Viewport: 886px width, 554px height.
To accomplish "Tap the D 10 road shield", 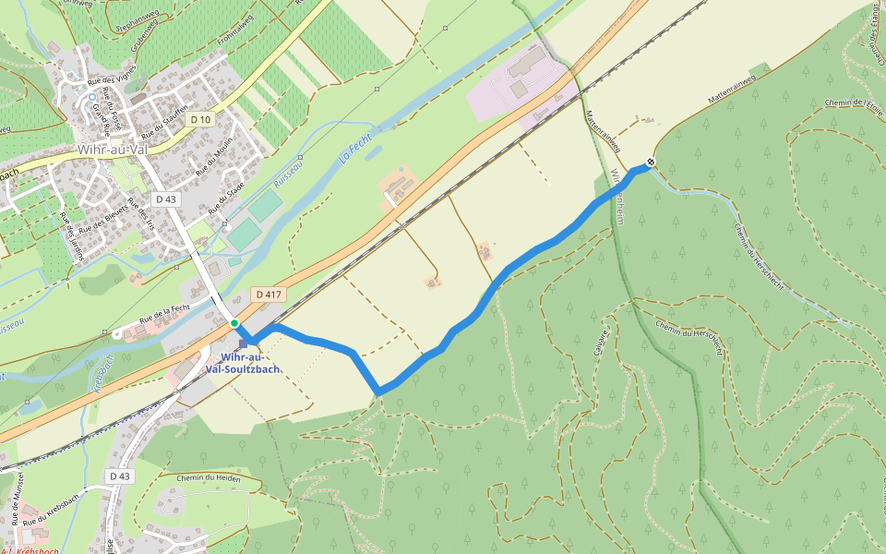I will [201, 120].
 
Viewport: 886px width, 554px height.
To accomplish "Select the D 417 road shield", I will [268, 295].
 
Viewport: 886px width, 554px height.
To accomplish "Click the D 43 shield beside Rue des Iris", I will [166, 199].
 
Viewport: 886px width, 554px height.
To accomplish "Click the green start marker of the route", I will [234, 323].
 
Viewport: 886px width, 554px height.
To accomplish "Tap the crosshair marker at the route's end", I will [651, 163].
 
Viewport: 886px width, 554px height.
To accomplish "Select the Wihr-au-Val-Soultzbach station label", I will [244, 363].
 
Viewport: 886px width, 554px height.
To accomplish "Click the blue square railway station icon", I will [244, 342].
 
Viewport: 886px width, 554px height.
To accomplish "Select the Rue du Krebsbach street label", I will [50, 521].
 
